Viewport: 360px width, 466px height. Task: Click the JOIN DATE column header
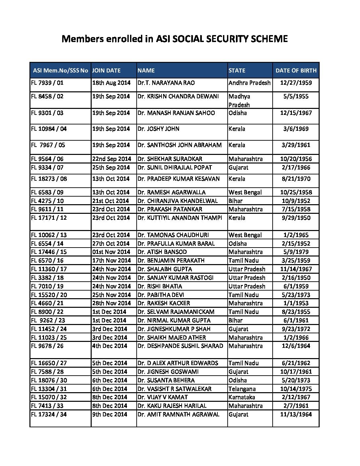coord(106,70)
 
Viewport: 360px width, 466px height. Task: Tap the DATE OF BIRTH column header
coord(296,70)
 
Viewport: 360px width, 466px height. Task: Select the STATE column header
coord(237,70)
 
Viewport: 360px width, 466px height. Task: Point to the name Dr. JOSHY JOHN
coord(158,129)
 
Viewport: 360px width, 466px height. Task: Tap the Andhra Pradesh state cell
coord(249,83)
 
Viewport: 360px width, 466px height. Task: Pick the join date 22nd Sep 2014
coord(112,159)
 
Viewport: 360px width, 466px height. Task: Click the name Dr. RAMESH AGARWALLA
coord(171,192)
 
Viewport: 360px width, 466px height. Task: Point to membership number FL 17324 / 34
coord(49,414)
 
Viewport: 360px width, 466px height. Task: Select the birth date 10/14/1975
coord(296,389)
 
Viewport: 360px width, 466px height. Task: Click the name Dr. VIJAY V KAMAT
coord(162,397)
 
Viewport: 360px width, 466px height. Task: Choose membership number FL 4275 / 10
coord(47,201)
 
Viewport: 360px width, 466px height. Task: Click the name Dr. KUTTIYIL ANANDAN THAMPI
coord(180,218)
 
